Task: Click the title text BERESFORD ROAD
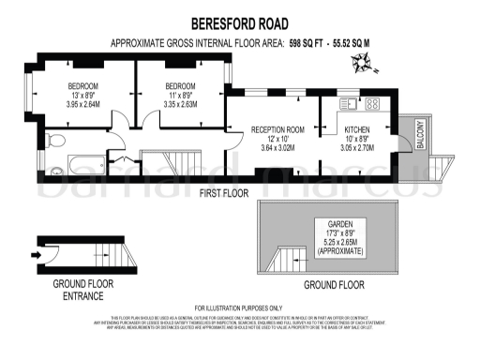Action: click(x=239, y=23)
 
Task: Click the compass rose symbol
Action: click(x=361, y=65)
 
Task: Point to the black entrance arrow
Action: click(x=37, y=253)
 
